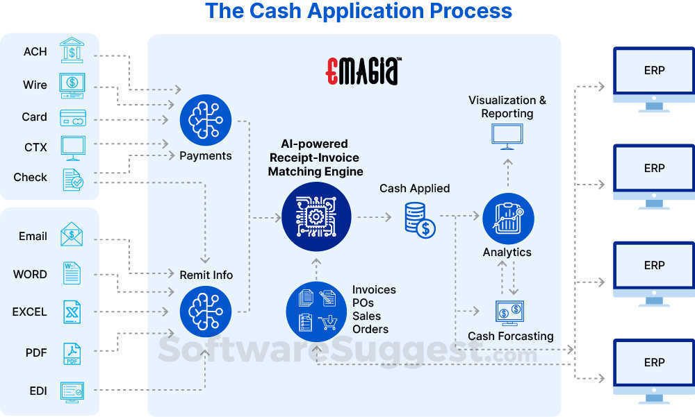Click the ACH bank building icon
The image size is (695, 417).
coord(72,51)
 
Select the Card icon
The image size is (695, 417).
coord(72,117)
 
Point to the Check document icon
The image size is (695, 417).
coord(72,179)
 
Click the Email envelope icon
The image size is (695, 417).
coord(72,235)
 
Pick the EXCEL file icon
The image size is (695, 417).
coord(72,312)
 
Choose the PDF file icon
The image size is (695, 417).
coord(72,353)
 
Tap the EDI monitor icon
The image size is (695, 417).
coord(72,392)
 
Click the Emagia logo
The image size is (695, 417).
coord(362,71)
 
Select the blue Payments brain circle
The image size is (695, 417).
coord(205,119)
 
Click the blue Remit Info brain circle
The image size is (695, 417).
coord(205,311)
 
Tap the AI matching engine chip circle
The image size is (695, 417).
coord(316,216)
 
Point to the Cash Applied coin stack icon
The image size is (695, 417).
coord(420,219)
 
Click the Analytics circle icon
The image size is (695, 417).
coord(507,218)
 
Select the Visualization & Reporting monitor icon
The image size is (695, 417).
coord(507,136)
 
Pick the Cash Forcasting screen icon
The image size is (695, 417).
coord(510,313)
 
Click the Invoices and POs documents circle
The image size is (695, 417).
coord(316,312)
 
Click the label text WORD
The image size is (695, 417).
coord(30,274)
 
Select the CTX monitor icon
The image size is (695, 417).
coord(73,147)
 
